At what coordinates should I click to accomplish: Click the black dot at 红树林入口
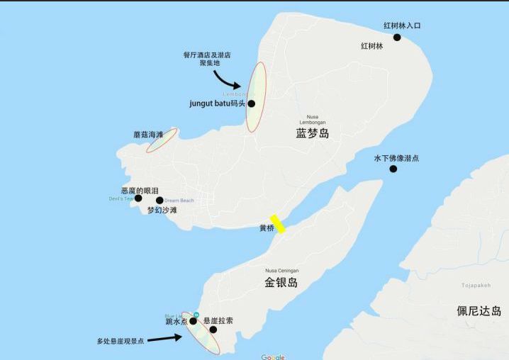click(x=396, y=37)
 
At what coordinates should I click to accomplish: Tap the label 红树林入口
click(x=402, y=26)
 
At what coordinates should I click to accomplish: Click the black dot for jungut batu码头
click(x=251, y=103)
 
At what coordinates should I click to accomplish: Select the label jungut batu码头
click(x=217, y=103)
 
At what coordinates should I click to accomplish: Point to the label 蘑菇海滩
click(x=148, y=134)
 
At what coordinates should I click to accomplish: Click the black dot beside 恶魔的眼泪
click(x=138, y=198)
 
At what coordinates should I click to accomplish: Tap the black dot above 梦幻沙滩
click(x=160, y=201)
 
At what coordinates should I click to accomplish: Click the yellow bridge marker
click(x=276, y=224)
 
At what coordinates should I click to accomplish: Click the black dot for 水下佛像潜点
click(x=393, y=169)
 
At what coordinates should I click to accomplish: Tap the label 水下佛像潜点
click(x=396, y=158)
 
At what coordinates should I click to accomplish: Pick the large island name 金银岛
click(x=281, y=283)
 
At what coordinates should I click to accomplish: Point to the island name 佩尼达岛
click(x=479, y=311)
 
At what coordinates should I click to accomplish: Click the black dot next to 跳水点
click(x=193, y=321)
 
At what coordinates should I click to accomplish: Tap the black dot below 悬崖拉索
click(x=213, y=330)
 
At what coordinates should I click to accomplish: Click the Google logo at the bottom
click(x=272, y=356)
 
